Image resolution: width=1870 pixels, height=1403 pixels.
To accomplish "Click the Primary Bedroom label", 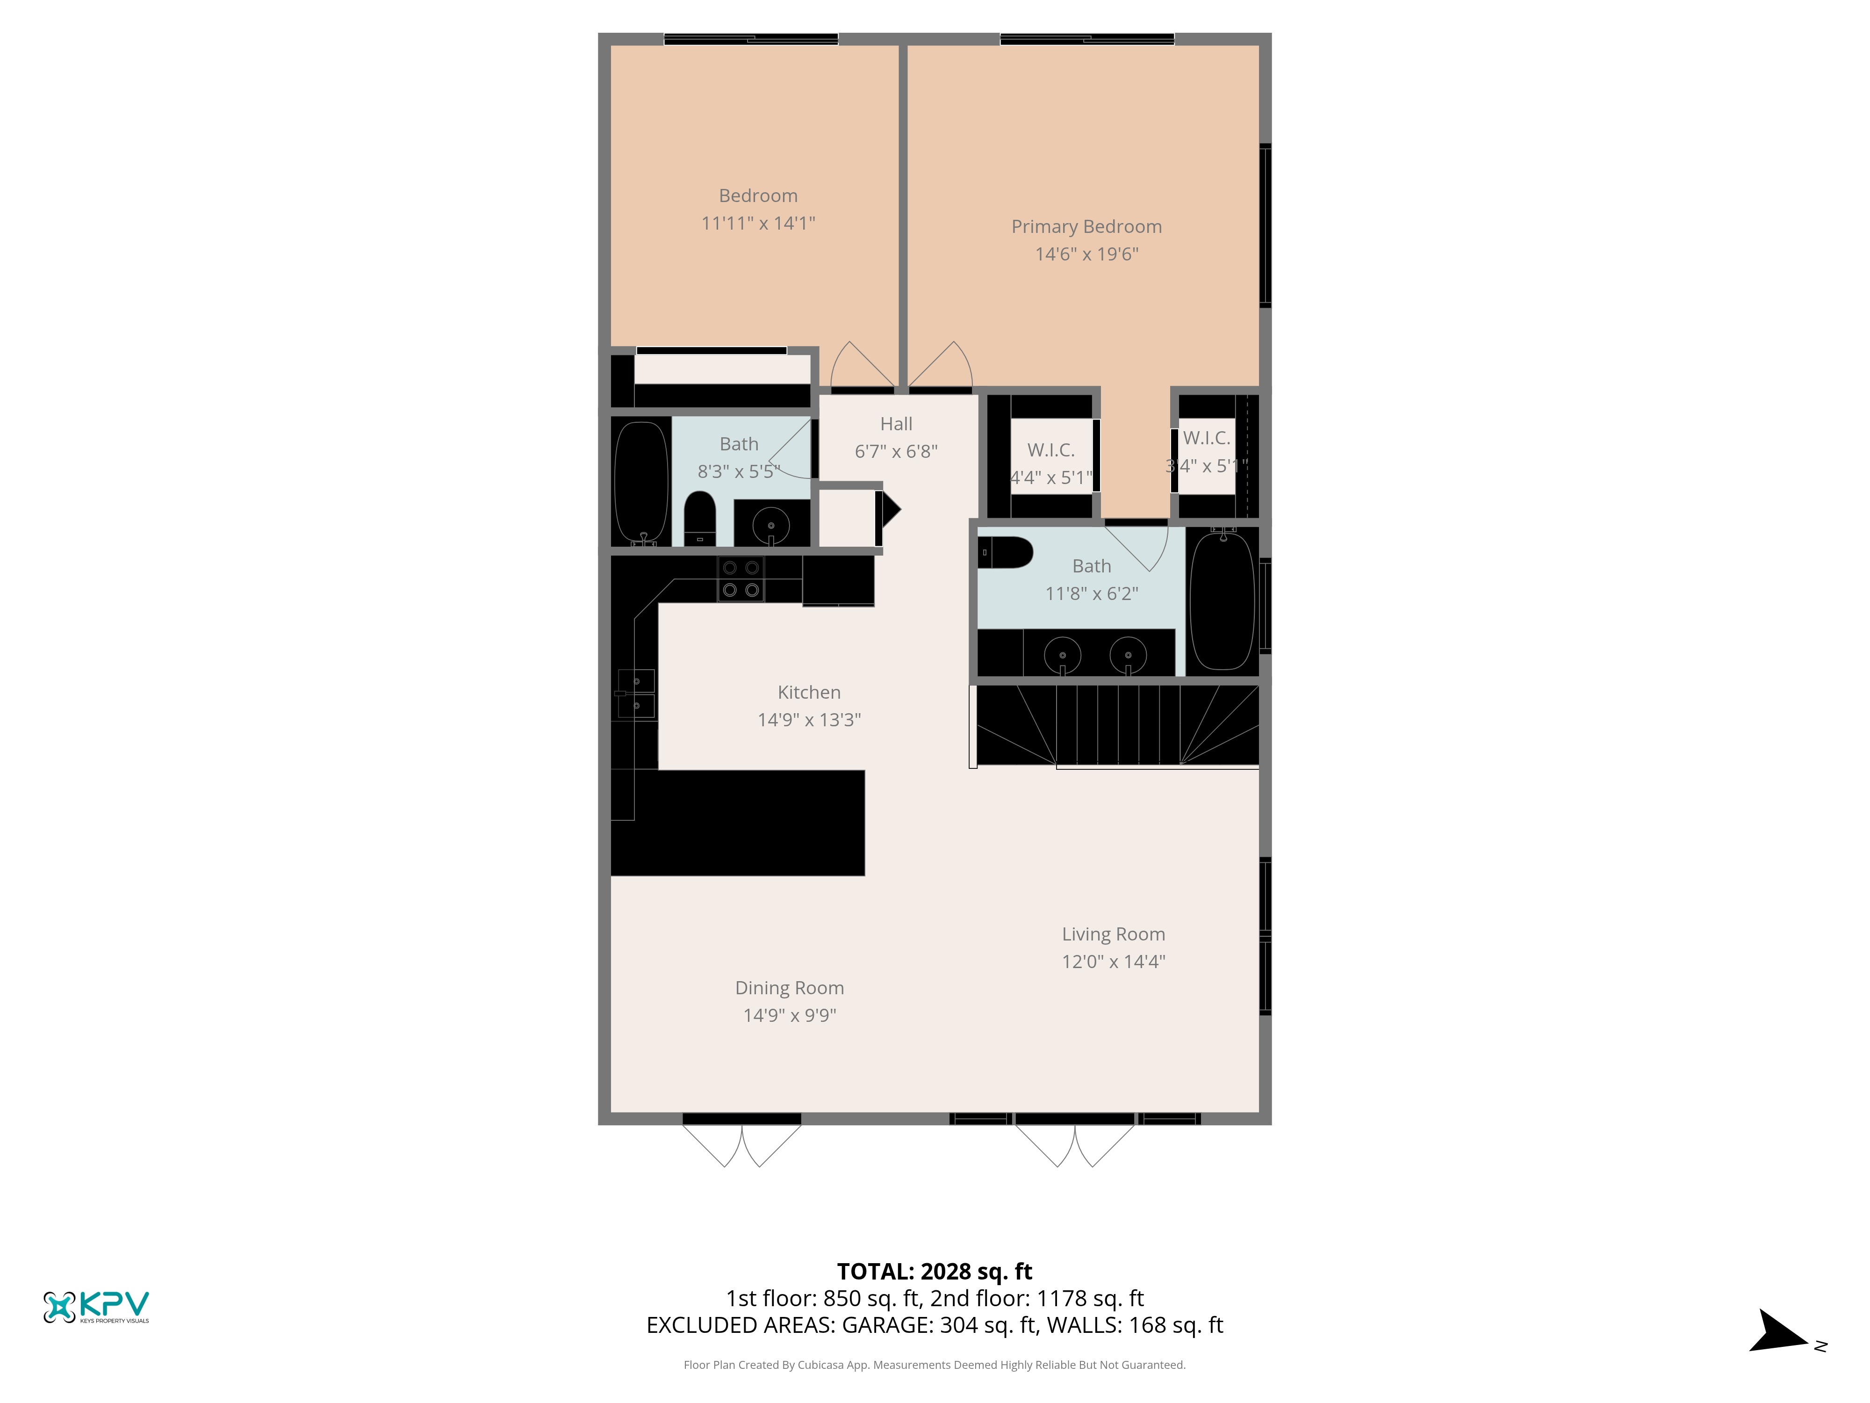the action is pyautogui.click(x=1086, y=227).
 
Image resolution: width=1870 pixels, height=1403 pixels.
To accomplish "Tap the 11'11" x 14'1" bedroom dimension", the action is pyautogui.click(x=758, y=223).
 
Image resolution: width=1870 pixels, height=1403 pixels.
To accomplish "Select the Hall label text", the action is pyautogui.click(x=896, y=424).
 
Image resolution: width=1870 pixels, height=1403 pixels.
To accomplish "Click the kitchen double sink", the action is pyautogui.click(x=636, y=694).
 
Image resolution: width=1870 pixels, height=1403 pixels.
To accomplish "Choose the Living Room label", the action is pyautogui.click(x=1114, y=933).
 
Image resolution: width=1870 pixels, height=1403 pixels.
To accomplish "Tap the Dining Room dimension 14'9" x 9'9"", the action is pyautogui.click(x=790, y=1015).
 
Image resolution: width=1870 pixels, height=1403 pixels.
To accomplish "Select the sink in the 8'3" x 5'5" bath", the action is pyautogui.click(x=771, y=526).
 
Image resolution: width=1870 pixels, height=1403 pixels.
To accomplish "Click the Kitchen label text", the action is pyautogui.click(x=809, y=692).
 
